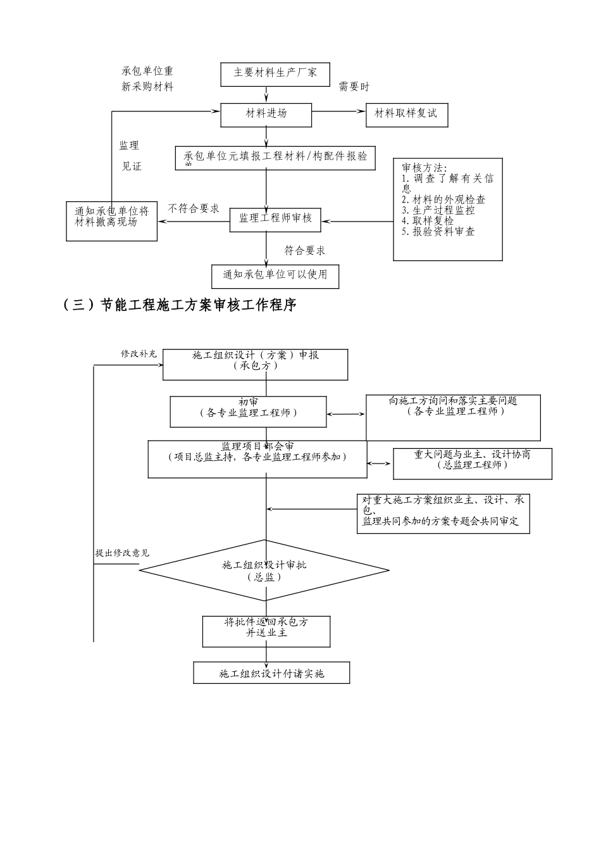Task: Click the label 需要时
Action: [x=354, y=87]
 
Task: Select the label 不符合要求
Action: [x=194, y=208]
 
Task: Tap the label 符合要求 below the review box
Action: [x=305, y=251]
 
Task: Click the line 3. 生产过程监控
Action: [x=438, y=210]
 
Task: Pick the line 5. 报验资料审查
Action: [x=438, y=232]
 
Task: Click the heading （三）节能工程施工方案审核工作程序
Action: [x=180, y=305]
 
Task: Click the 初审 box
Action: [x=248, y=412]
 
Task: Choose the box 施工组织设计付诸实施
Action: [x=271, y=673]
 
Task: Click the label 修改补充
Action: [x=139, y=354]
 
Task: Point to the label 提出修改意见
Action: [x=122, y=553]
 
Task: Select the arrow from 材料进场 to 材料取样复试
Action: [x=339, y=112]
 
